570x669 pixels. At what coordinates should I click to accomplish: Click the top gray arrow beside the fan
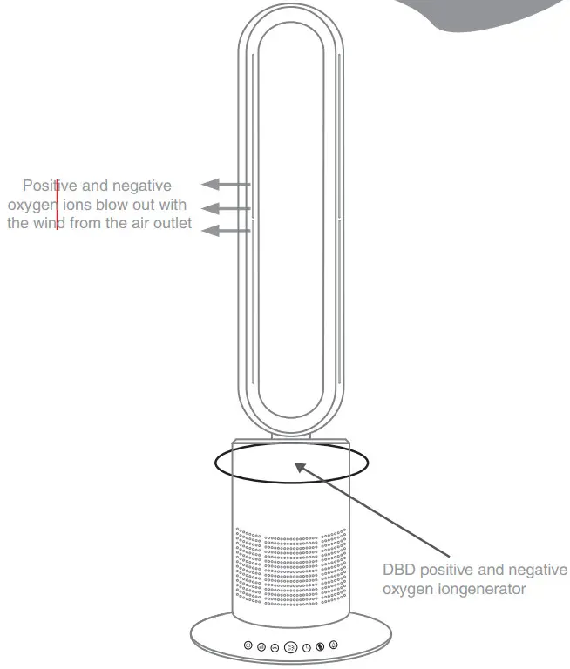(x=225, y=184)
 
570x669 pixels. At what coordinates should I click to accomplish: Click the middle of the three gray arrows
(x=225, y=208)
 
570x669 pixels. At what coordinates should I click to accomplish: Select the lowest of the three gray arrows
(x=225, y=230)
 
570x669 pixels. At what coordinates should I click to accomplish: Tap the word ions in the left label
(x=78, y=206)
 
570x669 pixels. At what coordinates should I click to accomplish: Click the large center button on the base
(x=291, y=648)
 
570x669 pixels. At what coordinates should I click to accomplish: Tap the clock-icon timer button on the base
(x=307, y=648)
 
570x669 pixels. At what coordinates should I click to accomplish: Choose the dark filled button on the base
(x=320, y=647)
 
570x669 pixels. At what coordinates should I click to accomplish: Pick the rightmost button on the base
(x=334, y=645)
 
